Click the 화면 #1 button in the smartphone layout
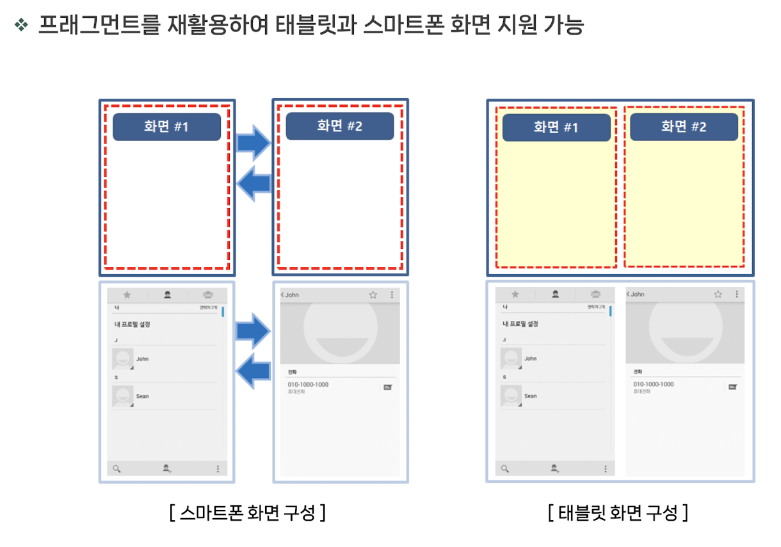pyautogui.click(x=166, y=127)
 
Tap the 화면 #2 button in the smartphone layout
pyautogui.click(x=339, y=126)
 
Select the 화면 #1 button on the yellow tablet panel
pyautogui.click(x=556, y=127)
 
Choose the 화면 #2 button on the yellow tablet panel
pyautogui.click(x=684, y=127)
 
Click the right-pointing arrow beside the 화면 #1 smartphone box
pyautogui.click(x=254, y=142)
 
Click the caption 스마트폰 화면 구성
pyautogui.click(x=248, y=513)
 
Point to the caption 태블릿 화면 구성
pyautogui.click(x=618, y=513)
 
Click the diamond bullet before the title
pyautogui.click(x=22, y=25)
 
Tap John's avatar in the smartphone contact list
pyautogui.click(x=123, y=359)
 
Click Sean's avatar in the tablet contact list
pyautogui.click(x=511, y=396)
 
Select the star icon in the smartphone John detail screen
pyautogui.click(x=373, y=295)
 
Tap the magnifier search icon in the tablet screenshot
pyautogui.click(x=505, y=469)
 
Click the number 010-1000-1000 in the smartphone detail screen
pyautogui.click(x=308, y=384)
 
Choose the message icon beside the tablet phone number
pyautogui.click(x=732, y=387)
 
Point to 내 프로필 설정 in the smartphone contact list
pyautogui.click(x=133, y=324)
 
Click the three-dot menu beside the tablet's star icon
pyautogui.click(x=737, y=294)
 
